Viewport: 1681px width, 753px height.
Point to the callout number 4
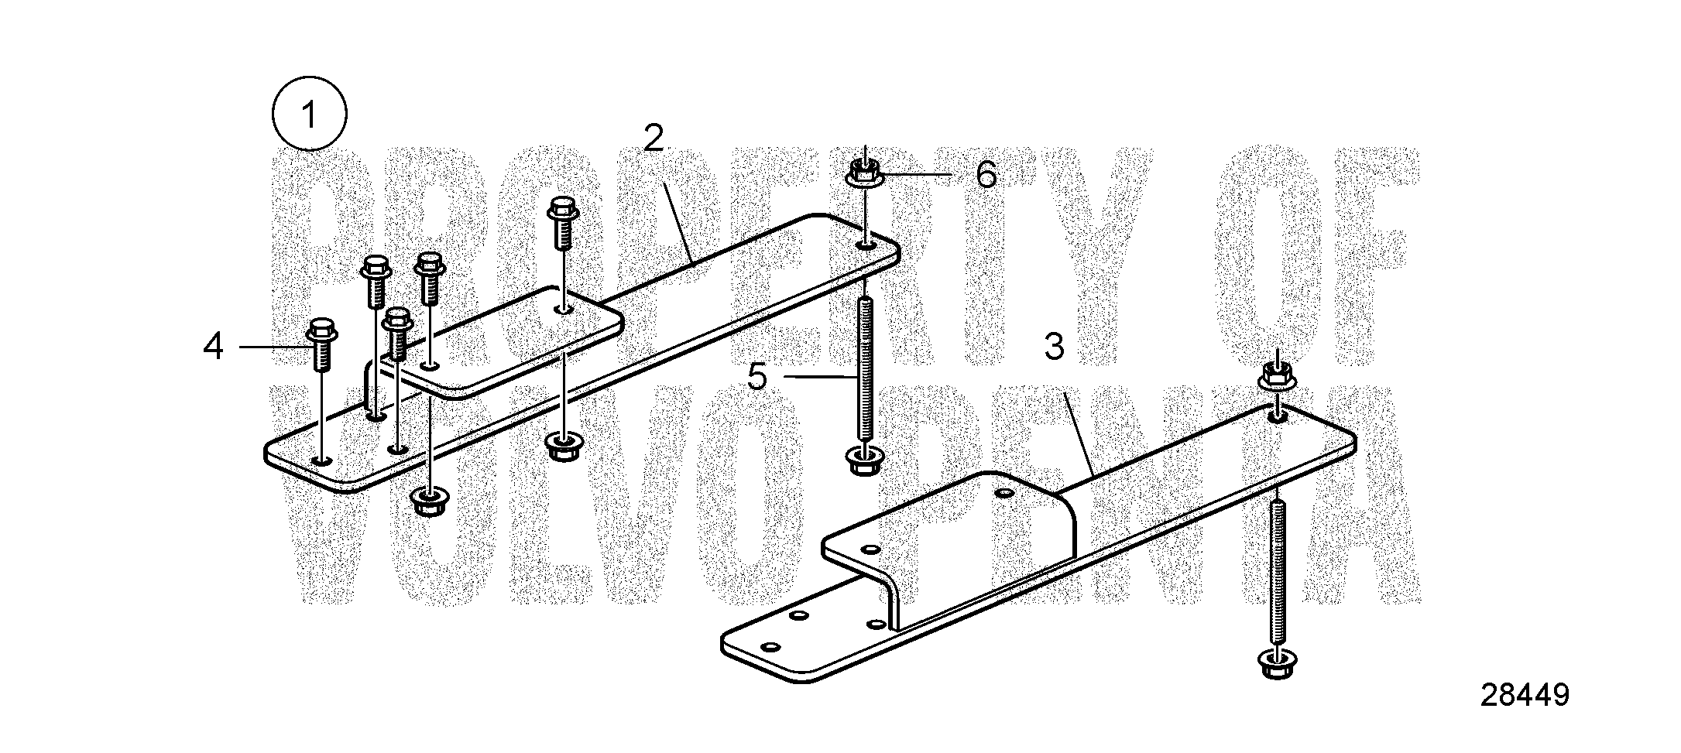[x=213, y=347]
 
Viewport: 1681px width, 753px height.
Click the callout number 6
[x=986, y=175]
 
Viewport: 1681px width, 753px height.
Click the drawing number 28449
[x=1525, y=696]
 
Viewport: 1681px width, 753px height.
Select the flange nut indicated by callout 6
[x=864, y=173]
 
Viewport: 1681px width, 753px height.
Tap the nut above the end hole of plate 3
[x=1276, y=375]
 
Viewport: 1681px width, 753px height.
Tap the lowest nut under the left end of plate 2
[x=428, y=501]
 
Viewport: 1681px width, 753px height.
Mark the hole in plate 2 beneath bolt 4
[x=321, y=460]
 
